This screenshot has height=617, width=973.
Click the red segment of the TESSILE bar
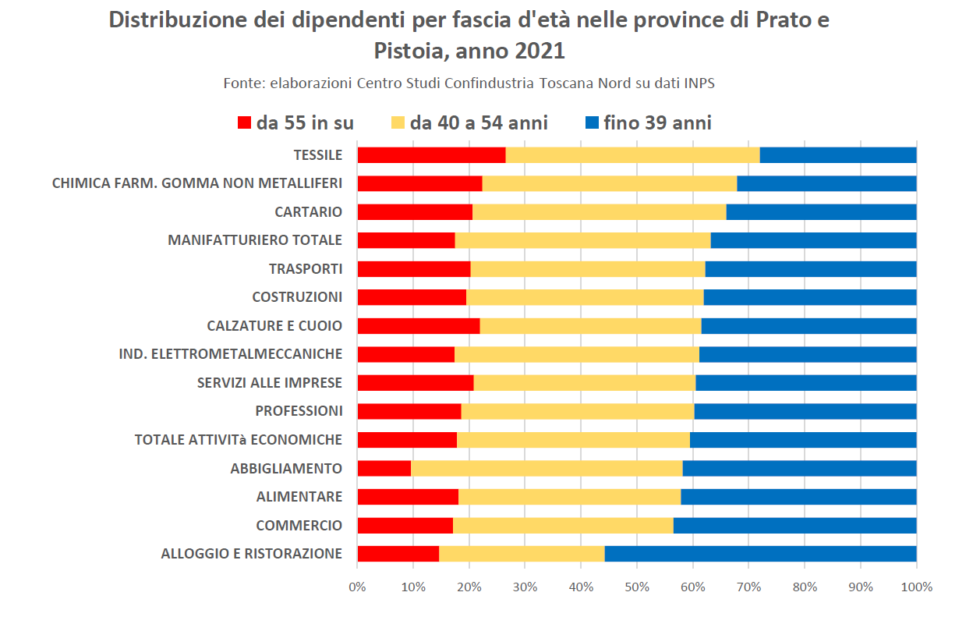(x=431, y=154)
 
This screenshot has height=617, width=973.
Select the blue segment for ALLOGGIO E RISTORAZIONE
(x=760, y=554)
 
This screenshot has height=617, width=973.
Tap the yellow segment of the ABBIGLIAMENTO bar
(x=547, y=468)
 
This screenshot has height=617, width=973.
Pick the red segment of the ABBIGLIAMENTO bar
(x=384, y=468)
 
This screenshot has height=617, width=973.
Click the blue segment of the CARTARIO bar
(x=821, y=211)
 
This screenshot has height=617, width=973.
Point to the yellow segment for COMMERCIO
(x=563, y=525)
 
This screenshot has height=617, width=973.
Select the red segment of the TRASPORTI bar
(x=414, y=268)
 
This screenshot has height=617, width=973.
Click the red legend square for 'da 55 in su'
(x=245, y=123)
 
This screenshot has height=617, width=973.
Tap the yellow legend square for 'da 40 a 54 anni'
(x=398, y=123)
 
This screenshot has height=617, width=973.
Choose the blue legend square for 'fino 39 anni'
(x=592, y=123)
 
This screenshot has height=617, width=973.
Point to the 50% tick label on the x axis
(x=637, y=587)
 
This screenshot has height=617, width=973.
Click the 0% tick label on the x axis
(x=357, y=587)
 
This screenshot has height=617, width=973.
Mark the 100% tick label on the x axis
(x=916, y=587)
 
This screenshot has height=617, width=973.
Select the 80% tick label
(x=805, y=587)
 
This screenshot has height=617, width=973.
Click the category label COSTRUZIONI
(x=297, y=297)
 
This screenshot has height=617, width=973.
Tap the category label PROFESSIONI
(x=299, y=411)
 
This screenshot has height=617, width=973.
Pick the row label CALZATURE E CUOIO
(x=274, y=325)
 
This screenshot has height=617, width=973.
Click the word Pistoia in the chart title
(x=409, y=51)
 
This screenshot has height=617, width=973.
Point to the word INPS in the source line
(x=699, y=83)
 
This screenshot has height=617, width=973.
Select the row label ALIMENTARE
(x=299, y=497)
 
